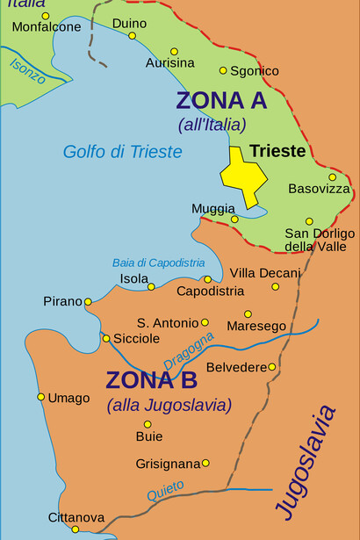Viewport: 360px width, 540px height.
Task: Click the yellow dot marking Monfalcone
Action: coord(46,16)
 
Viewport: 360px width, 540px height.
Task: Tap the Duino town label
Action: coord(130,23)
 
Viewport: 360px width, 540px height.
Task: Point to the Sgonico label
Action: coord(255,70)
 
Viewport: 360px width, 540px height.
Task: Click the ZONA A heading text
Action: coord(220,100)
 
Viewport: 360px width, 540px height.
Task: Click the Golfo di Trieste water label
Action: coord(122,152)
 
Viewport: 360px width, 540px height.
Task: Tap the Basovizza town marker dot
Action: coord(332,177)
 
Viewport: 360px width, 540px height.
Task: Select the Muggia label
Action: coord(213,208)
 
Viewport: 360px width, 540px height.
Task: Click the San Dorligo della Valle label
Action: coord(320,240)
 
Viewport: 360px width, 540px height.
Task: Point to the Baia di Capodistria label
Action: coord(158,263)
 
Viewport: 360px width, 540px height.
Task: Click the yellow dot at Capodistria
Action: coord(208,279)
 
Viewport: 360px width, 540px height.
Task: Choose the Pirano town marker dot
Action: coord(88,302)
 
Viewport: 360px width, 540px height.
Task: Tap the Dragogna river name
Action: coord(188,350)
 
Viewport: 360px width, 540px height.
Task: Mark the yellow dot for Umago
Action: coord(40,397)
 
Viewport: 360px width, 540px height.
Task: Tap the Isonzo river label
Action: coord(28,70)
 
